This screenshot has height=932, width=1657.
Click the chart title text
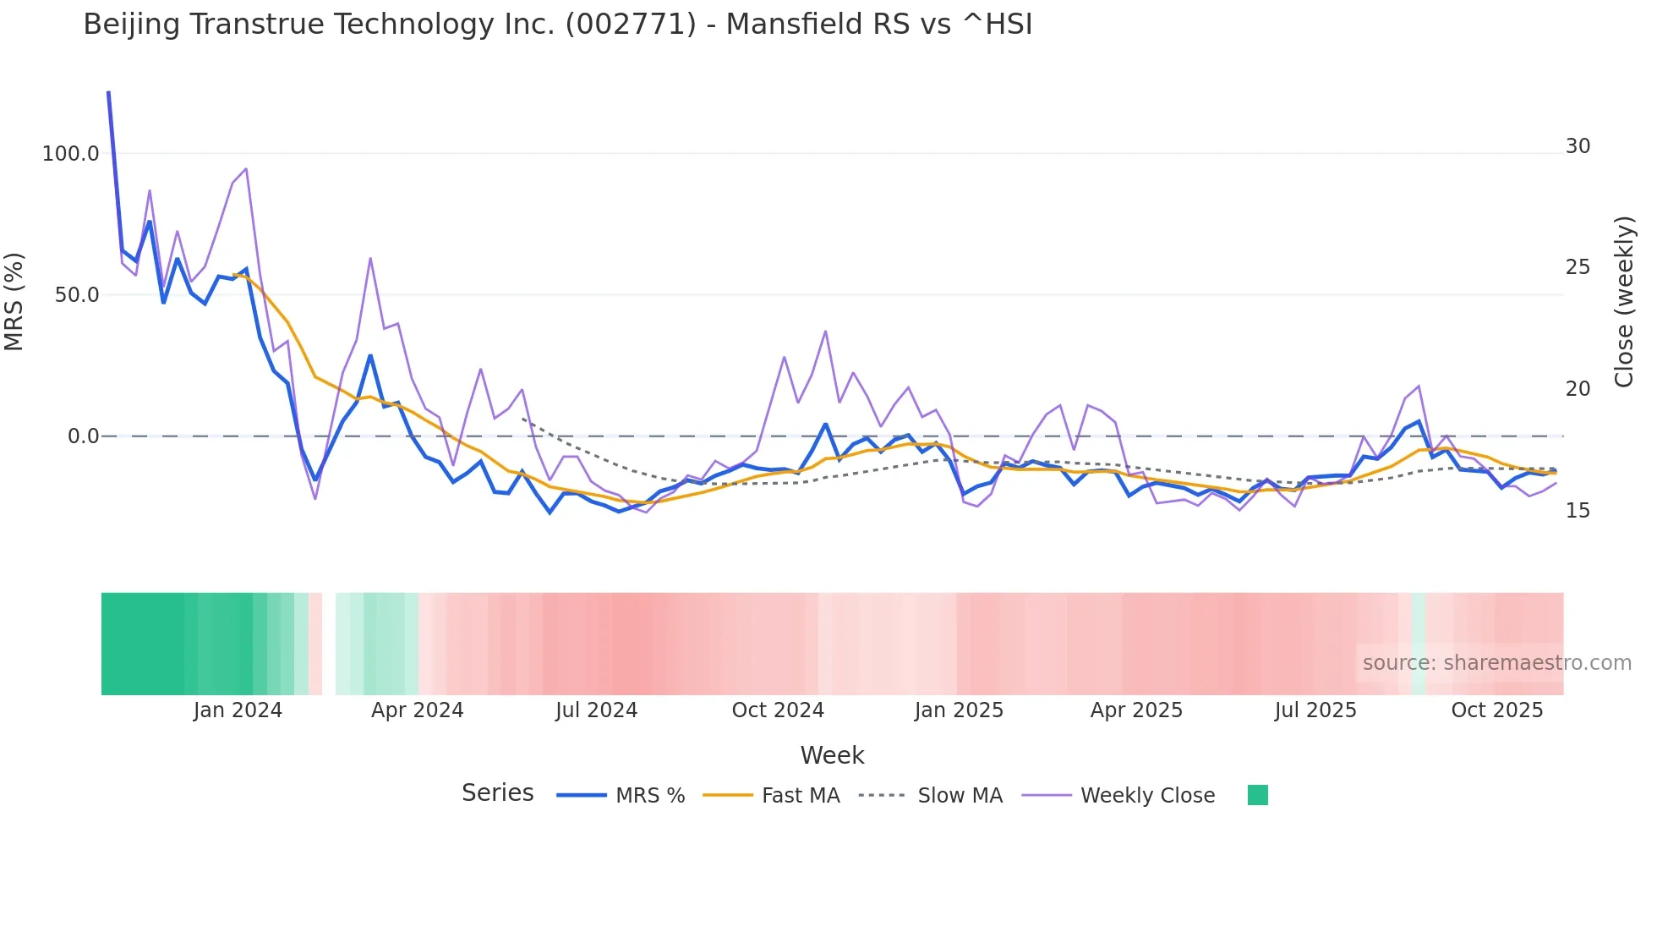[558, 25]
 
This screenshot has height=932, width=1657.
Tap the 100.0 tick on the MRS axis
[71, 154]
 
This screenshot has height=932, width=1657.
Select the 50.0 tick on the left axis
[77, 295]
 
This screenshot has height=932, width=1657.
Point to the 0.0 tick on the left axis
[83, 436]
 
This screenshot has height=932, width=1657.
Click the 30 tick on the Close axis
[1578, 146]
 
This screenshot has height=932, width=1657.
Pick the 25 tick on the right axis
[1578, 267]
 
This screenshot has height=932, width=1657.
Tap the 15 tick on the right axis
[1578, 511]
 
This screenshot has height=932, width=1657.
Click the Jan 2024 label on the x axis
[238, 710]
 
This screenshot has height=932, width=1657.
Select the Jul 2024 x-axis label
[596, 710]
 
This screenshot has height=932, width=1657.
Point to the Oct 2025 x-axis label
[1497, 710]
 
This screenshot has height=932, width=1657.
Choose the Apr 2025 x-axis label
[1136, 710]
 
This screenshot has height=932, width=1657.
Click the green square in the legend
[1258, 795]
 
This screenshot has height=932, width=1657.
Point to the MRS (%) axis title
[14, 302]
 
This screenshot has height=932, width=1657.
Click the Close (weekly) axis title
[1624, 302]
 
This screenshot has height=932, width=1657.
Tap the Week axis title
[832, 755]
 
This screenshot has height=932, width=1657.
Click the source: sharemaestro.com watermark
[1496, 663]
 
